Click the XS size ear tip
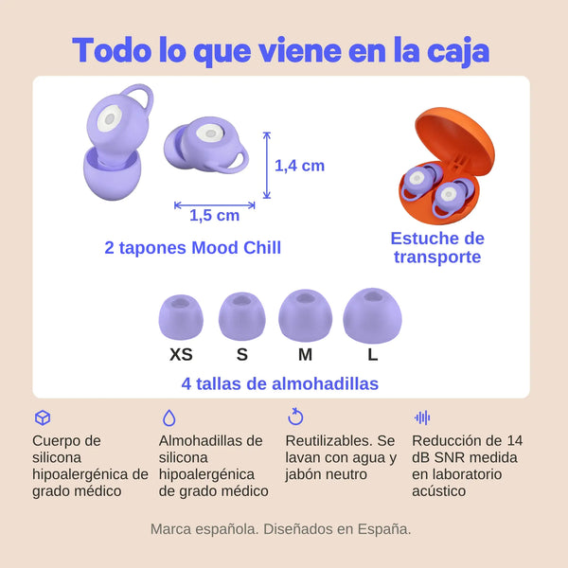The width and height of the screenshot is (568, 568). pos(181,317)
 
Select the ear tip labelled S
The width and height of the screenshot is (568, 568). pos(242,316)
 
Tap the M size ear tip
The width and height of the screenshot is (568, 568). pos(306,315)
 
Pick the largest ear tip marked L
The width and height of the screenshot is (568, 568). pos(372,315)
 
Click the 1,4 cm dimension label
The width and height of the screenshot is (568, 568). pos(299,166)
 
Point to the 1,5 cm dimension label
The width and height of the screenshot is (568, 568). pos(215,216)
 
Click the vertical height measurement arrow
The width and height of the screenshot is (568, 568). pos(267,166)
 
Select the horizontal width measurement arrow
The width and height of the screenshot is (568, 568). pos(215,205)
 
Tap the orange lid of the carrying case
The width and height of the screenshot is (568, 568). pos(454,135)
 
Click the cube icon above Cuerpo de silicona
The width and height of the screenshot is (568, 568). pos(43,417)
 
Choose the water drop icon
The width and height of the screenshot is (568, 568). pos(169,417)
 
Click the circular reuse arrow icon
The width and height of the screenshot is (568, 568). pos(295,417)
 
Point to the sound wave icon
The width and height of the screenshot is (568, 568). pos(422,417)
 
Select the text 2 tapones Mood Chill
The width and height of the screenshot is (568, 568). pos(193,248)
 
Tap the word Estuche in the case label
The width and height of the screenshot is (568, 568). pos(417,239)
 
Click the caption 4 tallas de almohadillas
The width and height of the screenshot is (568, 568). pos(280,383)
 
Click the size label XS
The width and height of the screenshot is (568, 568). pos(181,354)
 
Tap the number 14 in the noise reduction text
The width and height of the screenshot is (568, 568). pos(515,441)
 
